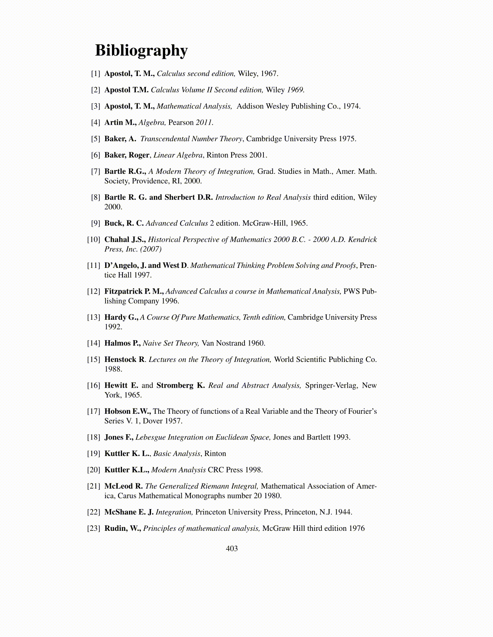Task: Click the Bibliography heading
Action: click(x=141, y=51)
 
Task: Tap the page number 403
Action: click(x=232, y=549)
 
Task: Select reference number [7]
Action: click(x=95, y=171)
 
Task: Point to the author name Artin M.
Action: click(x=120, y=123)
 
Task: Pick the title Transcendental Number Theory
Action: click(x=191, y=139)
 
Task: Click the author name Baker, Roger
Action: click(x=127, y=155)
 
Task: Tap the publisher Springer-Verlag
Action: click(x=331, y=386)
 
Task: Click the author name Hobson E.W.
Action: click(x=127, y=411)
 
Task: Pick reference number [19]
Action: click(x=93, y=454)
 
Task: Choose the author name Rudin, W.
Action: click(x=122, y=528)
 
